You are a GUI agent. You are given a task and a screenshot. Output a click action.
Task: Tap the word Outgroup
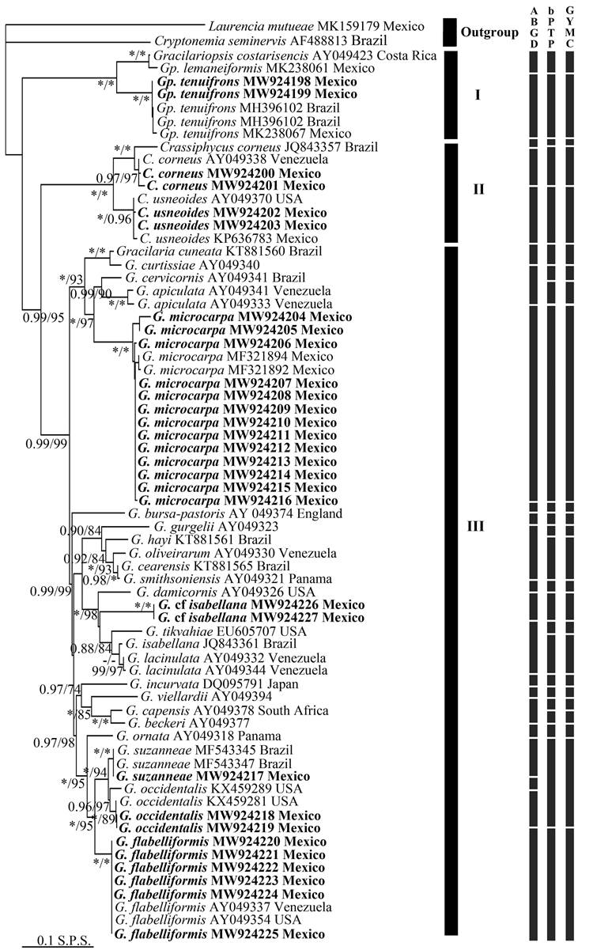tap(491, 34)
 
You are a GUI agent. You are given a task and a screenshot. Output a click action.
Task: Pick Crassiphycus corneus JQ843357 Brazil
tap(247, 147)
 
